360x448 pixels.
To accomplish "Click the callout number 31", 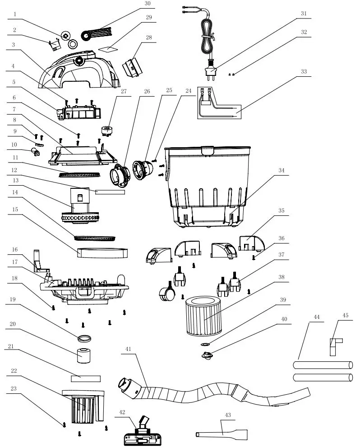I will [x=304, y=14].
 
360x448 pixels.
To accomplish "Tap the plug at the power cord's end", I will [x=211, y=70].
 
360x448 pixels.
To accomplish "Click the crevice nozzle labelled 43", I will [x=223, y=434].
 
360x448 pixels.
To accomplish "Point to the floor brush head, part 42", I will [x=141, y=435].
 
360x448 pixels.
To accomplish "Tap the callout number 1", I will [x=14, y=14].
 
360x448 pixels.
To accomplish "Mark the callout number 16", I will [x=14, y=249].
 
